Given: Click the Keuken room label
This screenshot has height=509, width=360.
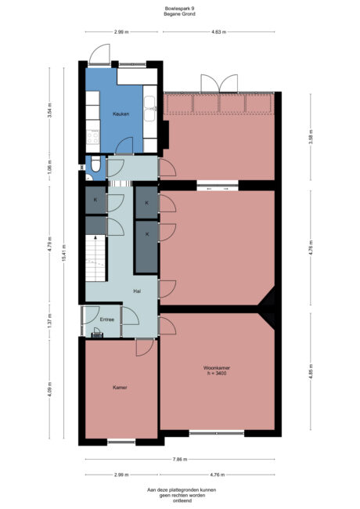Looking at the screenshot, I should [121, 114].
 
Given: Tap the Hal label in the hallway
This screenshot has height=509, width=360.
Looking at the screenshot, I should [136, 290].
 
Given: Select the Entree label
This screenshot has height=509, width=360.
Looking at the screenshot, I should [107, 319].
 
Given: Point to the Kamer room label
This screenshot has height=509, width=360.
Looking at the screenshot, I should [120, 387].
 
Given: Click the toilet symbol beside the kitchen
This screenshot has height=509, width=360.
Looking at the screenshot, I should [94, 165].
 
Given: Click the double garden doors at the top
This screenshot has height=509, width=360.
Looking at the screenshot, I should [218, 83].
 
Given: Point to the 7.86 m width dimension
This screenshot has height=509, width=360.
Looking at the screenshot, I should [178, 460].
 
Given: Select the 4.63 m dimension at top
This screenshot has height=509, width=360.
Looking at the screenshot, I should [218, 32].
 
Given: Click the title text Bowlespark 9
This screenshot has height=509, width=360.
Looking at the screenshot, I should [180, 9].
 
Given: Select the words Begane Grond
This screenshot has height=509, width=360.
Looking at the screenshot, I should [180, 15].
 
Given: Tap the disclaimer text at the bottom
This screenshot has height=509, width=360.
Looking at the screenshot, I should [180, 495].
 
